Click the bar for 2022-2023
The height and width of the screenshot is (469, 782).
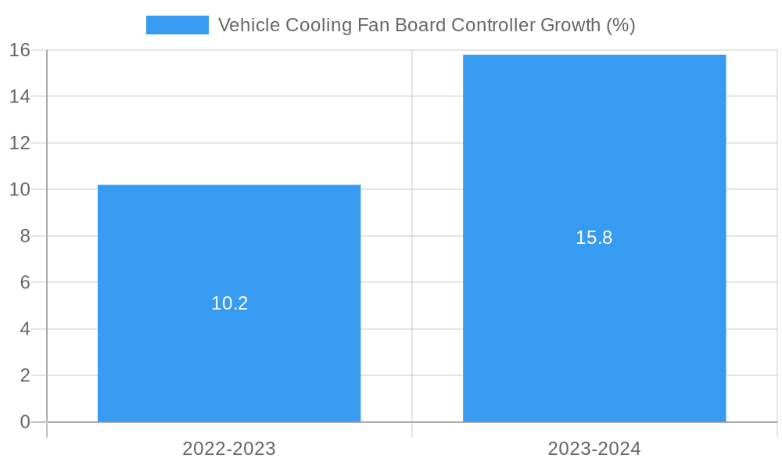[229, 352]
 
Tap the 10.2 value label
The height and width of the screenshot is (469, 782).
[229, 303]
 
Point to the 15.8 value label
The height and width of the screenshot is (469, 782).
[594, 238]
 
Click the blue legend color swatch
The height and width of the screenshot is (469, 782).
[178, 25]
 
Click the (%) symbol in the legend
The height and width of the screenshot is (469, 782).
[621, 25]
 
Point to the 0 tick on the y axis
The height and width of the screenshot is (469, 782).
[25, 422]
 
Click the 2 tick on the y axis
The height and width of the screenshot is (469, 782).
[25, 375]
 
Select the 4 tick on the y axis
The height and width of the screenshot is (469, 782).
[25, 329]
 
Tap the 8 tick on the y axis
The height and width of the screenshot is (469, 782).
[25, 236]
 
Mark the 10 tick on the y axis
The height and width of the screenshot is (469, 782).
[20, 189]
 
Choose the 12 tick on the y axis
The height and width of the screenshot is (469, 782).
[20, 143]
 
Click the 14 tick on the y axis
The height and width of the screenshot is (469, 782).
[20, 96]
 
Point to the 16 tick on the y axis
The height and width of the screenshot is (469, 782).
[20, 50]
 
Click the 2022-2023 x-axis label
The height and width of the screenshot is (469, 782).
[229, 449]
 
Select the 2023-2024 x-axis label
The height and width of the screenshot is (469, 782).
[594, 449]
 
